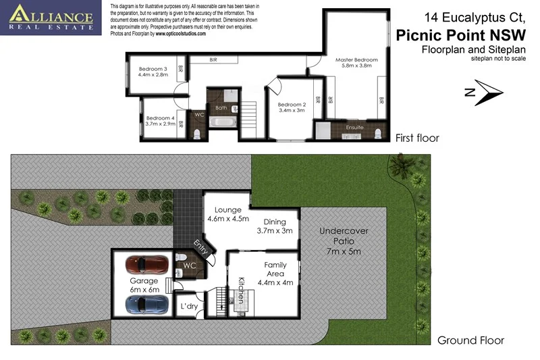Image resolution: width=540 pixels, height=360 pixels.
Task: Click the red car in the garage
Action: (144, 263)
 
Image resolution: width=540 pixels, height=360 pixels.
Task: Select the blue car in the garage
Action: (144, 305)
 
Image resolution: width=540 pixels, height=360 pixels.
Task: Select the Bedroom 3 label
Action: (153, 72)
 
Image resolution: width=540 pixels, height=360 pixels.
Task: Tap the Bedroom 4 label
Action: (159, 122)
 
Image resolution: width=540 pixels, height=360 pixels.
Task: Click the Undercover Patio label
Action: (344, 241)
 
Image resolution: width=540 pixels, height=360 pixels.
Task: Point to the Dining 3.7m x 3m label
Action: (275, 226)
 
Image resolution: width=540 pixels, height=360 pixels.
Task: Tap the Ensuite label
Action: (355, 126)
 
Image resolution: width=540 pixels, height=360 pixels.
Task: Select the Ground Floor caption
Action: (470, 340)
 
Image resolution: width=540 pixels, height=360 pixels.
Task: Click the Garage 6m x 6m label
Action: (144, 284)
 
